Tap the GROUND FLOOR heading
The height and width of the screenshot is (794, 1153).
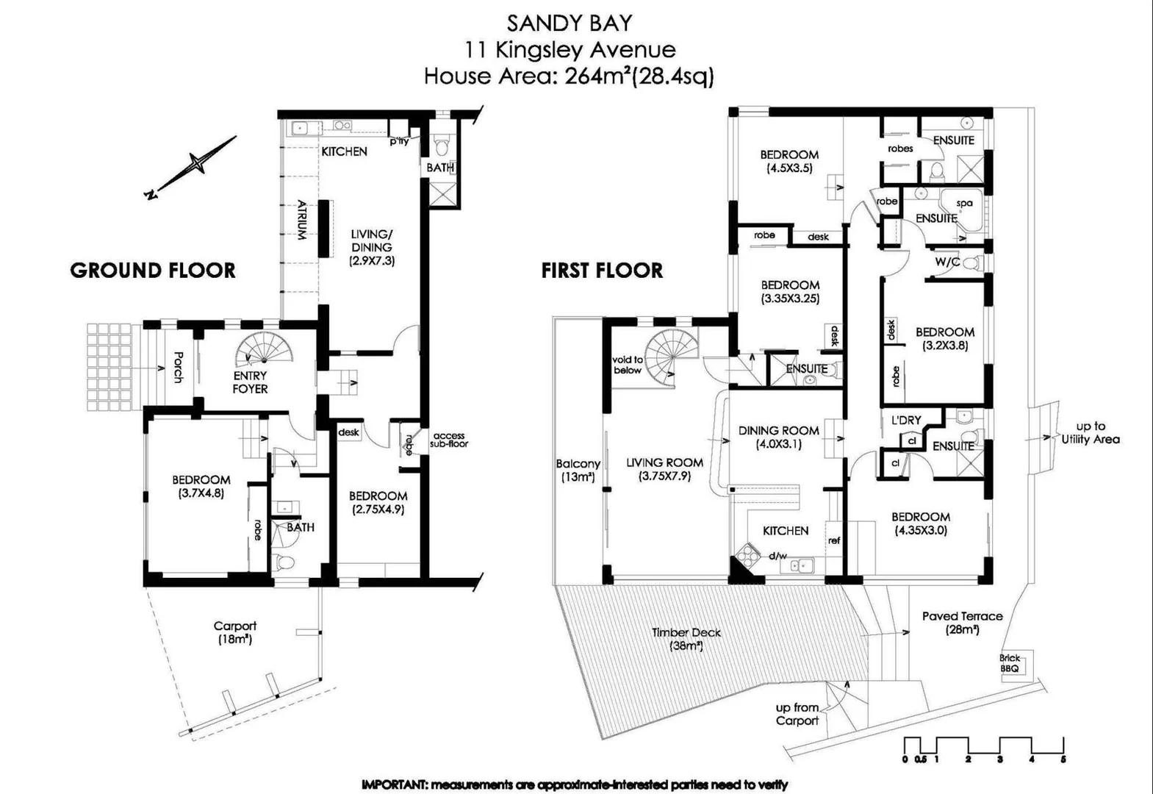tap(153, 271)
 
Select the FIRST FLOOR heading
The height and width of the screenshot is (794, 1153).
tap(602, 271)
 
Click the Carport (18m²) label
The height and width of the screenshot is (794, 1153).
tap(235, 632)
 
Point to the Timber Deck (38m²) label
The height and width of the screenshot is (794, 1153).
tap(686, 639)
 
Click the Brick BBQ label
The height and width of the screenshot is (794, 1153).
tap(1009, 663)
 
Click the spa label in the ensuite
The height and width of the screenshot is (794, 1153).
tap(964, 204)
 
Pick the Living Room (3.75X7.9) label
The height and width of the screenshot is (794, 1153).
tap(664, 469)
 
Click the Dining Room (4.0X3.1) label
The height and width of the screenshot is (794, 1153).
tap(778, 437)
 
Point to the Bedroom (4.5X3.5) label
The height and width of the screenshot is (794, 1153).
tap(789, 161)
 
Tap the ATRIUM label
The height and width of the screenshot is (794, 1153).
tap(301, 221)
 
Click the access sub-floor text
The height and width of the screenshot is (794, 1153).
tap(448, 440)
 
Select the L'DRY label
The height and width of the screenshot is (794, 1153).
tap(906, 421)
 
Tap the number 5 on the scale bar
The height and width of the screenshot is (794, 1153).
tap(1063, 759)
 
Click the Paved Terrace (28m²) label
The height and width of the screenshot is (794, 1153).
tap(962, 623)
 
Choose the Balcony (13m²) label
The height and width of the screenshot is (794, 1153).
tap(578, 471)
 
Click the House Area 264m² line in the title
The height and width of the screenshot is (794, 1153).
tap(569, 76)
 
